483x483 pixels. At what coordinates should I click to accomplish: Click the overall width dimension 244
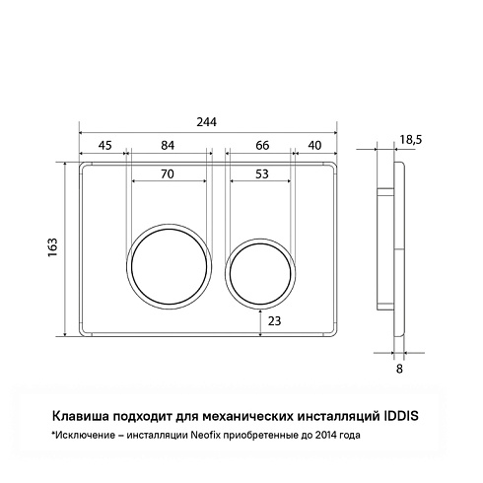click(x=207, y=122)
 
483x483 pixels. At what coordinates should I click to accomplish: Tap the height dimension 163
click(x=52, y=247)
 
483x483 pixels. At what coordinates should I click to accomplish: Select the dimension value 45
click(x=105, y=145)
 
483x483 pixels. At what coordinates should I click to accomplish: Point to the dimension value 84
click(x=168, y=145)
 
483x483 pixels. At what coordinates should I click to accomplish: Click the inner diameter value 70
click(x=168, y=173)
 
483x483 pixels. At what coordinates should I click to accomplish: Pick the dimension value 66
click(x=262, y=145)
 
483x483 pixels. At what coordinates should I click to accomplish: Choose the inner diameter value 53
click(x=262, y=173)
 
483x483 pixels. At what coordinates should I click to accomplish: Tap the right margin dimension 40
click(x=314, y=145)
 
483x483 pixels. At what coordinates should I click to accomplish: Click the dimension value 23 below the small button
click(x=274, y=320)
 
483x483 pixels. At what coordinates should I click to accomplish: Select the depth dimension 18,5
click(x=411, y=140)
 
